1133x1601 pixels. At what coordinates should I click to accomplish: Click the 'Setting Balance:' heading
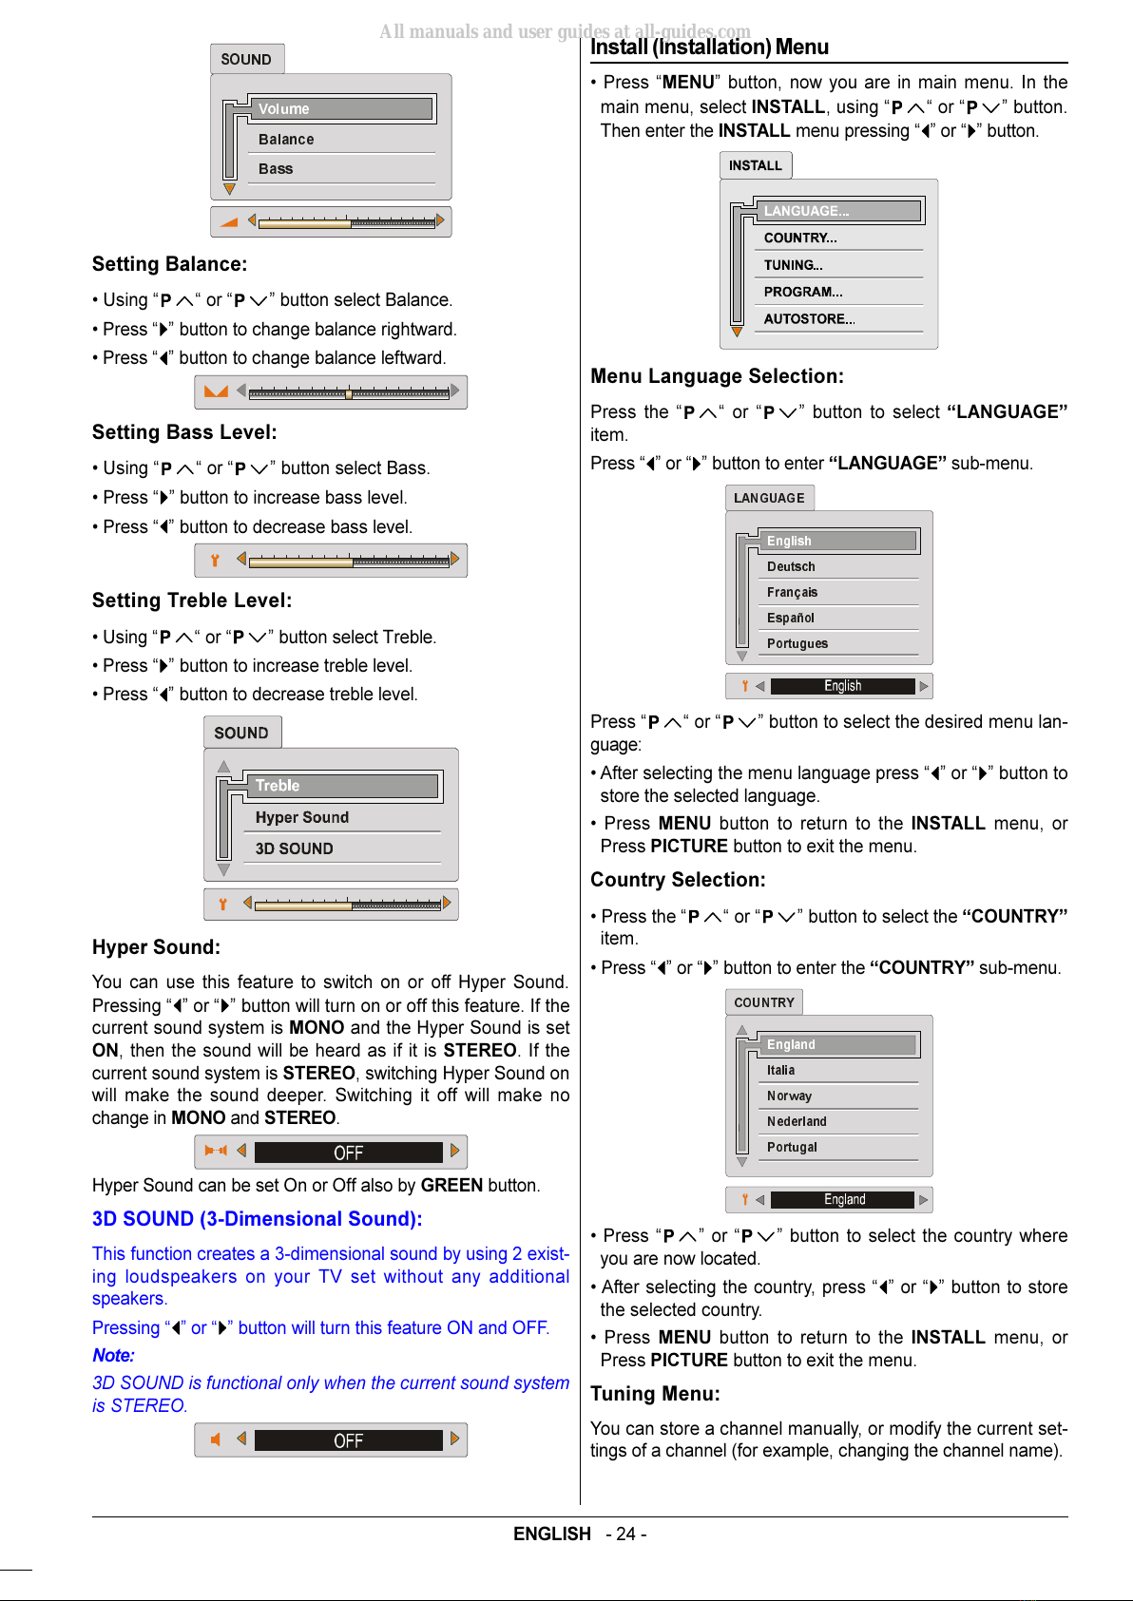(x=169, y=264)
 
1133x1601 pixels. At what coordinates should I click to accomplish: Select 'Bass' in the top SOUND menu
(x=276, y=169)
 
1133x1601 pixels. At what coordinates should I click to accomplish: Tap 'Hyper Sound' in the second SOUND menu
(x=302, y=817)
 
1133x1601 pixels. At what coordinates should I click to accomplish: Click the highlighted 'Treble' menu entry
(x=278, y=786)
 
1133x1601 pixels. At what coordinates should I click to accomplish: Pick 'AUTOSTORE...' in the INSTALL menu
(x=809, y=319)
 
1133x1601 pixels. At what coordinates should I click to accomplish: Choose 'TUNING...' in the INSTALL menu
(x=794, y=265)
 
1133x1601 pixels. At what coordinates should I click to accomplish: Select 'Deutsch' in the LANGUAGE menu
(x=791, y=567)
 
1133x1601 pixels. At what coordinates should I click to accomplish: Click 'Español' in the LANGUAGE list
(x=791, y=619)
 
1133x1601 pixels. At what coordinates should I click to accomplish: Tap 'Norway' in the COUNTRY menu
(x=789, y=1096)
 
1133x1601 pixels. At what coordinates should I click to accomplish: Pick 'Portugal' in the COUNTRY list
(x=792, y=1148)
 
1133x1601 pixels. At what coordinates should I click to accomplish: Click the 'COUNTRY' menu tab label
(x=764, y=1002)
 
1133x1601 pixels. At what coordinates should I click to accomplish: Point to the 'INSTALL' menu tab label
(x=756, y=165)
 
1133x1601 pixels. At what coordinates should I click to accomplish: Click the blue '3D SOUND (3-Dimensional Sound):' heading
(x=257, y=1219)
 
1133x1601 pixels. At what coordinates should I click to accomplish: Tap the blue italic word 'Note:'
(x=113, y=1356)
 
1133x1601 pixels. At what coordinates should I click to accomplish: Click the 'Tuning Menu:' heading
(x=655, y=1394)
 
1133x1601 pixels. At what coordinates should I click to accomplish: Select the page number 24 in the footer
(x=625, y=1534)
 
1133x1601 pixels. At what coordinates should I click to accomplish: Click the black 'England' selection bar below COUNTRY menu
(x=843, y=1200)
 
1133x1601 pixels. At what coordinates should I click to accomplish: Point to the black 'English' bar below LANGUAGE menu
(x=842, y=686)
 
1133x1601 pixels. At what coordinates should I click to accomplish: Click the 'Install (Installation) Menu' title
(x=709, y=48)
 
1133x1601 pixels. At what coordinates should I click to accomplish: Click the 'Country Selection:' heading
(x=678, y=880)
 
